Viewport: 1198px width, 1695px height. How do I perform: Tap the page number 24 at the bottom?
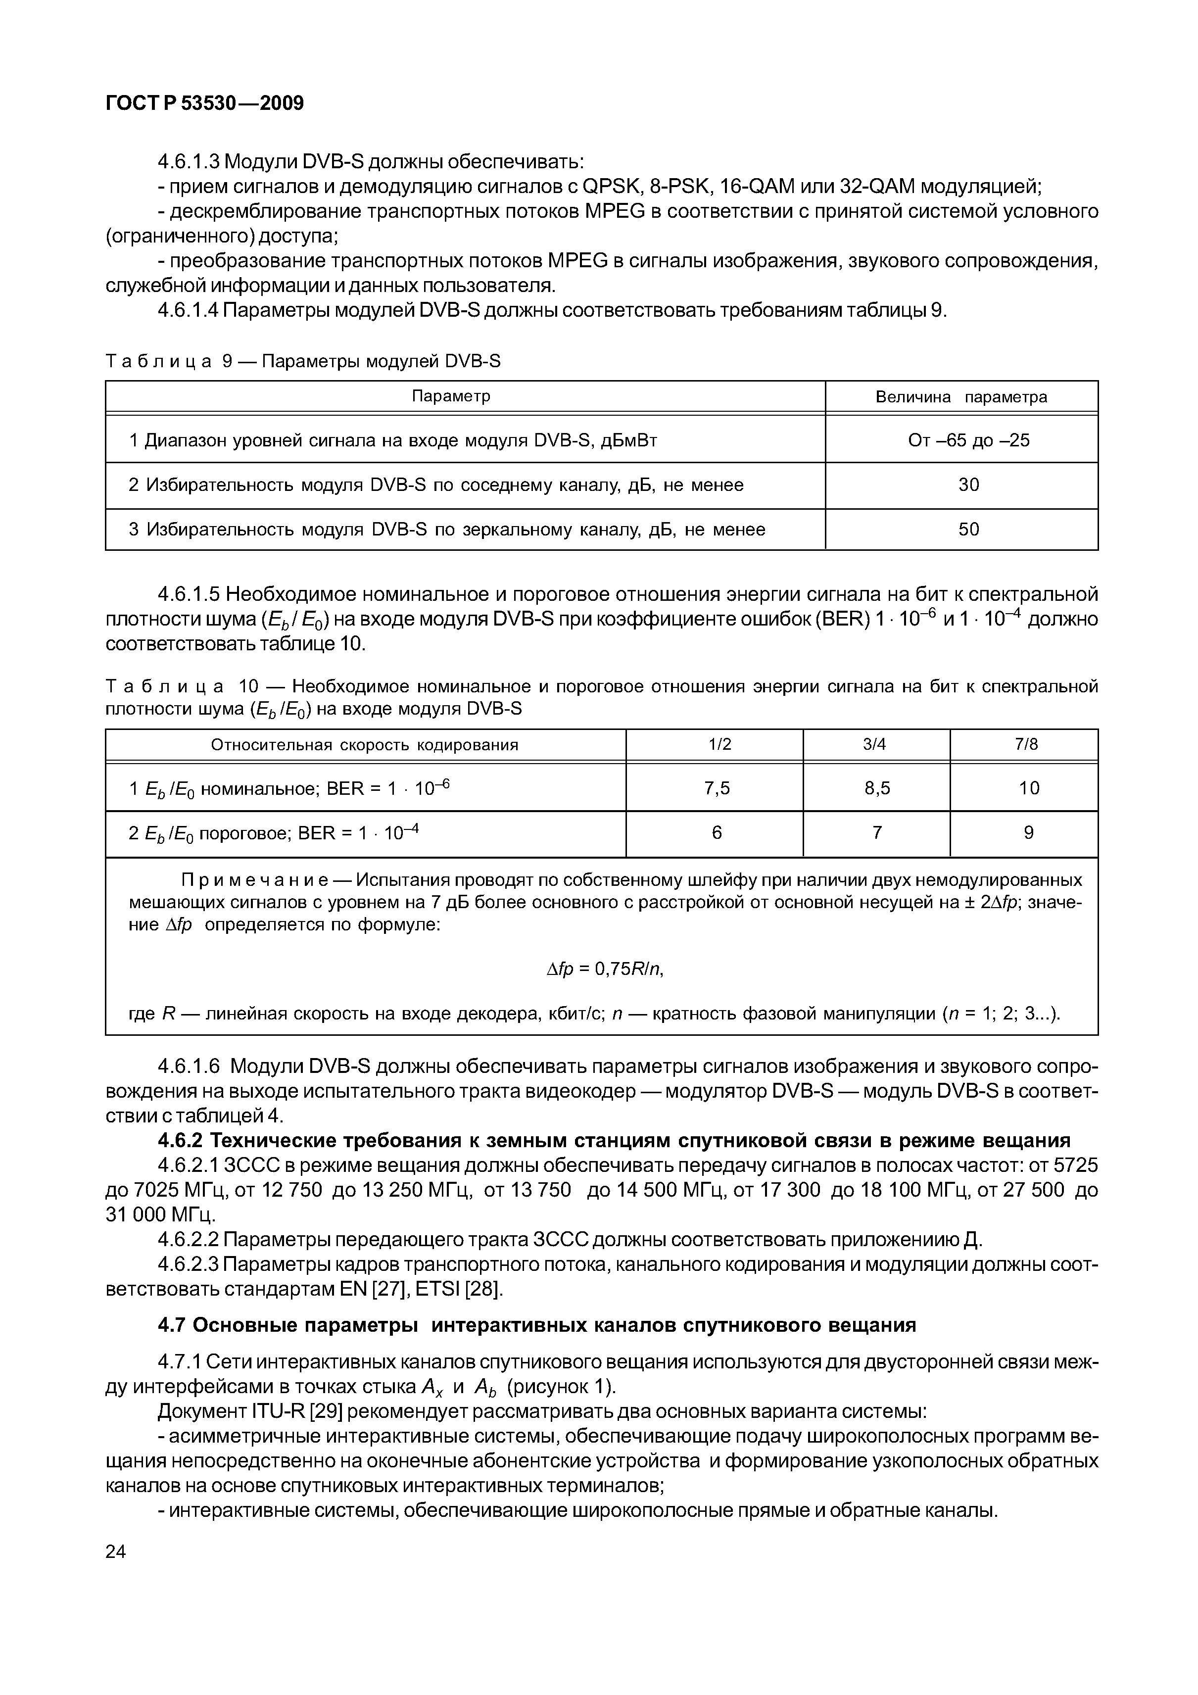click(x=116, y=1551)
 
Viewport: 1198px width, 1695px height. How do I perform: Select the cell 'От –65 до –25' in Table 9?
click(x=968, y=441)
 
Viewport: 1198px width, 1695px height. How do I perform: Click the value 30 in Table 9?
click(x=968, y=485)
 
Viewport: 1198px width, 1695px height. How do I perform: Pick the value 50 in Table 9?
click(x=968, y=530)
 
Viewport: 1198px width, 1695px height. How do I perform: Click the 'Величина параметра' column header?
click(x=960, y=397)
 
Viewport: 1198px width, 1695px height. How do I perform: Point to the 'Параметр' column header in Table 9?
click(x=450, y=396)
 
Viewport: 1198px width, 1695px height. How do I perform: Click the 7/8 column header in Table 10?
click(x=1025, y=745)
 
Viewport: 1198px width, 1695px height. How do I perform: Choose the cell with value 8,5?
click(x=877, y=788)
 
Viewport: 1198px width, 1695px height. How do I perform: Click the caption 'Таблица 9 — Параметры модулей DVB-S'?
click(x=303, y=361)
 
